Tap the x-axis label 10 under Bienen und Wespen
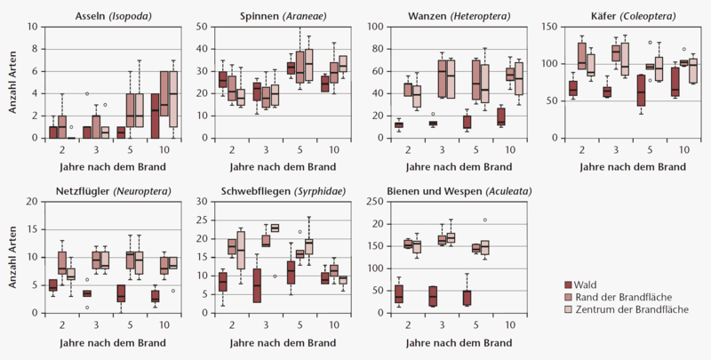[x=510, y=325]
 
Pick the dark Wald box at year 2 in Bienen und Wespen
[x=398, y=294]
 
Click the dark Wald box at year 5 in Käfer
[x=642, y=91]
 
